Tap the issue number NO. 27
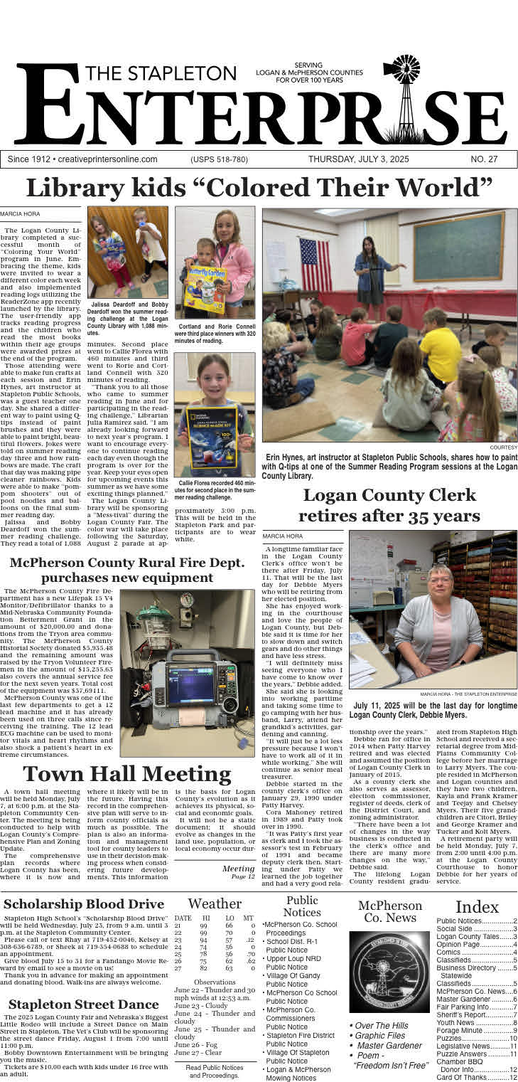coord(483,159)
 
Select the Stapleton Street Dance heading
coord(84,1004)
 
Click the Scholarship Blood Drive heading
coord(84,904)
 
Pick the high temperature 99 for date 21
coord(203,925)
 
